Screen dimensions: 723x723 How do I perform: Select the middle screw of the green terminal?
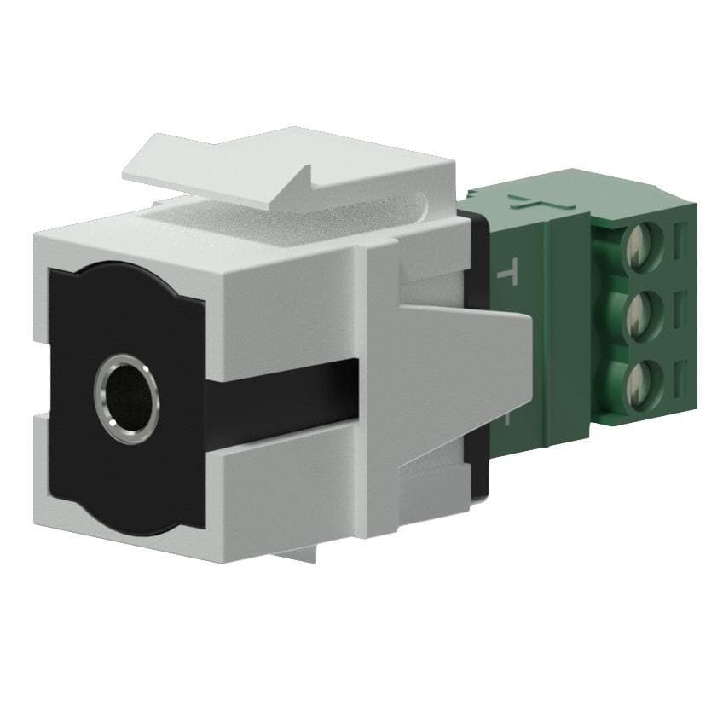point(642,312)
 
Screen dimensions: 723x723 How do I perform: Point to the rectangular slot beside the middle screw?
point(680,305)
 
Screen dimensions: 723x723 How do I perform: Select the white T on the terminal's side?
point(507,274)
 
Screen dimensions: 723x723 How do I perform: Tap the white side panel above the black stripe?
point(281,307)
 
